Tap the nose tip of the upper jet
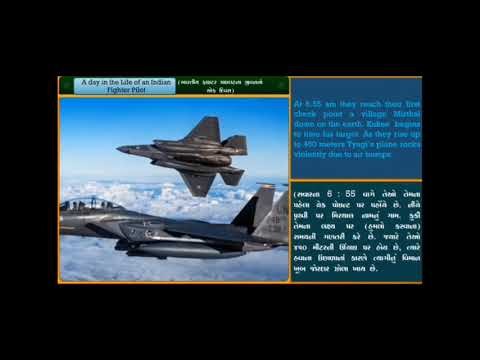(119, 149)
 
